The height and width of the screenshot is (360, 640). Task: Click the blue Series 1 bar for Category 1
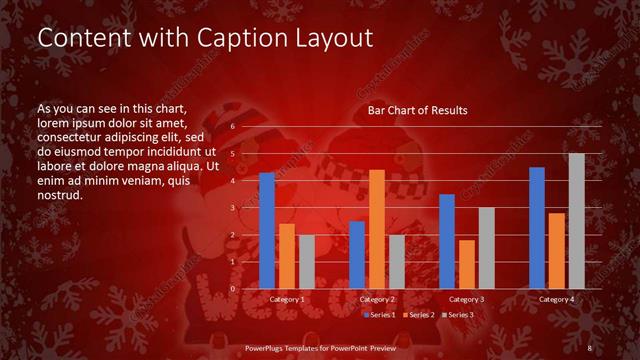pyautogui.click(x=267, y=231)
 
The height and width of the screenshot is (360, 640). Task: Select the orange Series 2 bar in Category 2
pyautogui.click(x=377, y=229)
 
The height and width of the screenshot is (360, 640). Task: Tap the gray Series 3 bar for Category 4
pyautogui.click(x=577, y=221)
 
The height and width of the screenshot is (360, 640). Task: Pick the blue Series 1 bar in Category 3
pyautogui.click(x=447, y=241)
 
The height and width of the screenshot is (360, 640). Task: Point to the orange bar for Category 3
pyautogui.click(x=467, y=264)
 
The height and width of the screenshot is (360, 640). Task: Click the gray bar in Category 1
pyautogui.click(x=307, y=262)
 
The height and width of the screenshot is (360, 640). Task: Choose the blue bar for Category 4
pyautogui.click(x=537, y=228)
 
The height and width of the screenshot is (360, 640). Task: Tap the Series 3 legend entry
pyautogui.click(x=458, y=315)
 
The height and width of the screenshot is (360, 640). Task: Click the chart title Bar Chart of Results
pyautogui.click(x=418, y=110)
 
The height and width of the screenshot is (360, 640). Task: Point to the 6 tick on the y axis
pyautogui.click(x=232, y=127)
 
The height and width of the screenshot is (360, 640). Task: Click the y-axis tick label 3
pyautogui.click(x=232, y=208)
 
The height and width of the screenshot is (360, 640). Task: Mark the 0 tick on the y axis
pyautogui.click(x=232, y=289)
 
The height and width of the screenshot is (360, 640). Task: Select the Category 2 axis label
pyautogui.click(x=377, y=300)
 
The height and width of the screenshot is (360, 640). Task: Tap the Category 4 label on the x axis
pyautogui.click(x=557, y=300)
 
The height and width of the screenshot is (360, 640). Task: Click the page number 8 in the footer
pyautogui.click(x=590, y=348)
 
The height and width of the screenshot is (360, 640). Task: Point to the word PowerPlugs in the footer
pyautogui.click(x=267, y=348)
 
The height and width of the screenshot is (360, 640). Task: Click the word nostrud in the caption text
pyautogui.click(x=59, y=195)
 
